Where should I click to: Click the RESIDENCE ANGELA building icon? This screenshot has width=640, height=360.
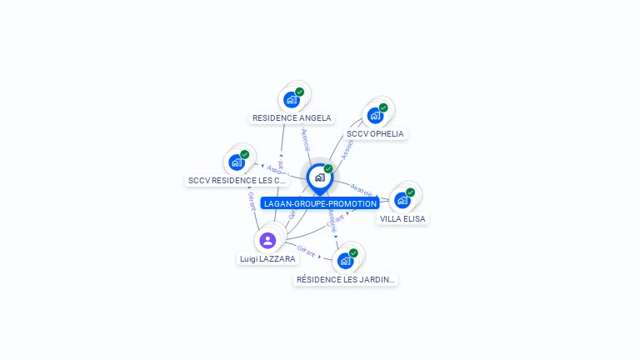(x=291, y=99)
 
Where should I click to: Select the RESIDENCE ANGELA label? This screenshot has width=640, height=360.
(x=292, y=118)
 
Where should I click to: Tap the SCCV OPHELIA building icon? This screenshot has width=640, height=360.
(x=375, y=115)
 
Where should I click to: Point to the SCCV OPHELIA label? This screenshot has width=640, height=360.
(x=375, y=133)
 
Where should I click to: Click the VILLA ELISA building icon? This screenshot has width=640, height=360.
(x=402, y=200)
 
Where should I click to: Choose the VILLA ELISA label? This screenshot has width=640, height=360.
(x=402, y=218)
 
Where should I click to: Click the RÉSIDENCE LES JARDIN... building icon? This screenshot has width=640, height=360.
(x=345, y=261)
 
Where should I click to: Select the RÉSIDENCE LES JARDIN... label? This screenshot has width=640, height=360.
(x=346, y=279)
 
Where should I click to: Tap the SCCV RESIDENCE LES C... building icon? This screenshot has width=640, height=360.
(x=237, y=162)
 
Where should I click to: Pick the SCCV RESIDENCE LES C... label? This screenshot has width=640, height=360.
(x=237, y=180)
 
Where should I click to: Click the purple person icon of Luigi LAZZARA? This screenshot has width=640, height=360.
(x=267, y=241)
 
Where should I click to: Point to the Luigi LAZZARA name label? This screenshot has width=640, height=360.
(x=267, y=259)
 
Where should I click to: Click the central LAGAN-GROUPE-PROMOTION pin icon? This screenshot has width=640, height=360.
(x=319, y=177)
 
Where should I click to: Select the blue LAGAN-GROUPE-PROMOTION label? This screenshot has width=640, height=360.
(x=320, y=203)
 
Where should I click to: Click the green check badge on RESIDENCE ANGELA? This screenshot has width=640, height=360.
(x=300, y=92)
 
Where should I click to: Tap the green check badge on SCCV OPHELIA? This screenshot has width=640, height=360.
(x=383, y=107)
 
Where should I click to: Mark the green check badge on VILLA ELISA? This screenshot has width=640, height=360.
(x=411, y=192)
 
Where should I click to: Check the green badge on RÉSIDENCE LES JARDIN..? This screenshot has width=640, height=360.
(x=353, y=253)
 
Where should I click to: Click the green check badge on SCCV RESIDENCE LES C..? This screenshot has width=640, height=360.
(x=245, y=154)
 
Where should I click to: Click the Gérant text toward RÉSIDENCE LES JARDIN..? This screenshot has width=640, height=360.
(x=306, y=251)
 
